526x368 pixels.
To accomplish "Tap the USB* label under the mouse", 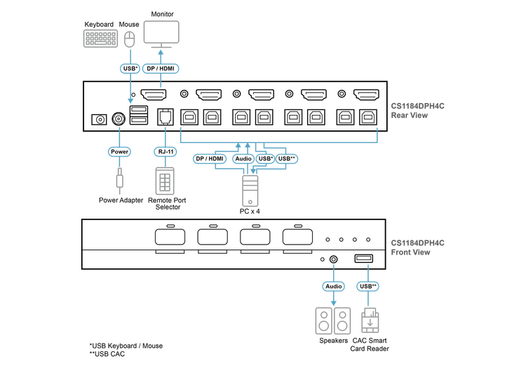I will pos(128,69).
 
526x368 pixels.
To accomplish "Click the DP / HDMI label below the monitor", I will pos(161,69).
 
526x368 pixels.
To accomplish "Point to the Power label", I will pos(119,151).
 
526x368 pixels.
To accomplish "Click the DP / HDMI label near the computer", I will pos(209,159).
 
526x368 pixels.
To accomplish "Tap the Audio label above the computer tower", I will pos(243,159).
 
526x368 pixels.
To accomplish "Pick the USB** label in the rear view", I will pos(288,159).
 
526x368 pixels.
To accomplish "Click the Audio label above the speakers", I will pos(333,286).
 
